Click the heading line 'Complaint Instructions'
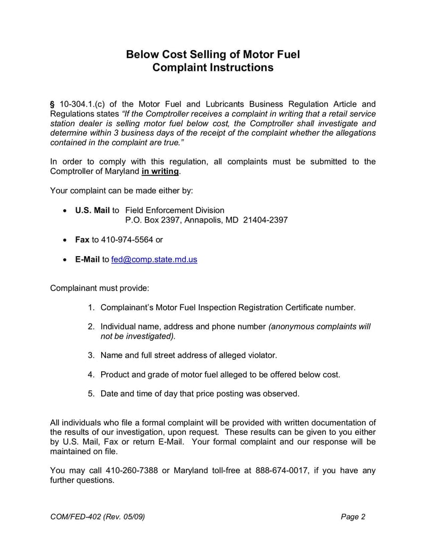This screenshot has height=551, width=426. pyautogui.click(x=212, y=68)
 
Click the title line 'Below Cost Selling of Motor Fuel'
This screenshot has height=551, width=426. pyautogui.click(x=212, y=54)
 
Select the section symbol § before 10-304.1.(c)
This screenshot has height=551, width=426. pyautogui.click(x=52, y=104)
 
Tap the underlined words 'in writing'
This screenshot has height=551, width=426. pyautogui.click(x=160, y=171)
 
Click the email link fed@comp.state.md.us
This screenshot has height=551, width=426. pyautogui.click(x=154, y=260)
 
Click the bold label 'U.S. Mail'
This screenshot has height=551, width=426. pyautogui.click(x=92, y=210)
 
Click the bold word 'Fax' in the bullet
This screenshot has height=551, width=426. pyautogui.click(x=82, y=240)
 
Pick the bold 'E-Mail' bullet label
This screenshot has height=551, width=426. pyautogui.click(x=87, y=260)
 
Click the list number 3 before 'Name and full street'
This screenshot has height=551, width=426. pyautogui.click(x=91, y=355)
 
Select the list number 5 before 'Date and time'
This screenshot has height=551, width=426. pyautogui.click(x=91, y=394)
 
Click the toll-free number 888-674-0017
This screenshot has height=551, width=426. pyautogui.click(x=282, y=470)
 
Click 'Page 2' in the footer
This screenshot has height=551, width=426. pyautogui.click(x=353, y=517)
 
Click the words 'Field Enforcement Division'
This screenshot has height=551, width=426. pyautogui.click(x=175, y=210)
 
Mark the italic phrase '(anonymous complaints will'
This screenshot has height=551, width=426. pyautogui.click(x=319, y=326)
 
